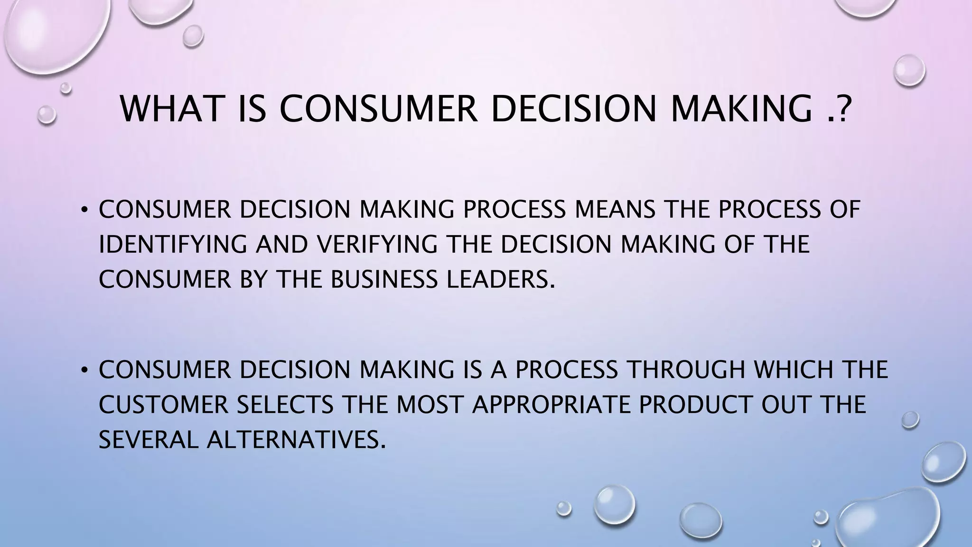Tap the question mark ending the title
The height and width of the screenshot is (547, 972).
click(842, 109)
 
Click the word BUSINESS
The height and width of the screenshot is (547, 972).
click(383, 279)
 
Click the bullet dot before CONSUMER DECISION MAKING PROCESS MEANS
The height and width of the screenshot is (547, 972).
click(84, 209)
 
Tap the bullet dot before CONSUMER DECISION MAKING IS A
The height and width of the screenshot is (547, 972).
click(84, 370)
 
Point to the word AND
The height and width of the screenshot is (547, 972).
click(282, 244)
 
